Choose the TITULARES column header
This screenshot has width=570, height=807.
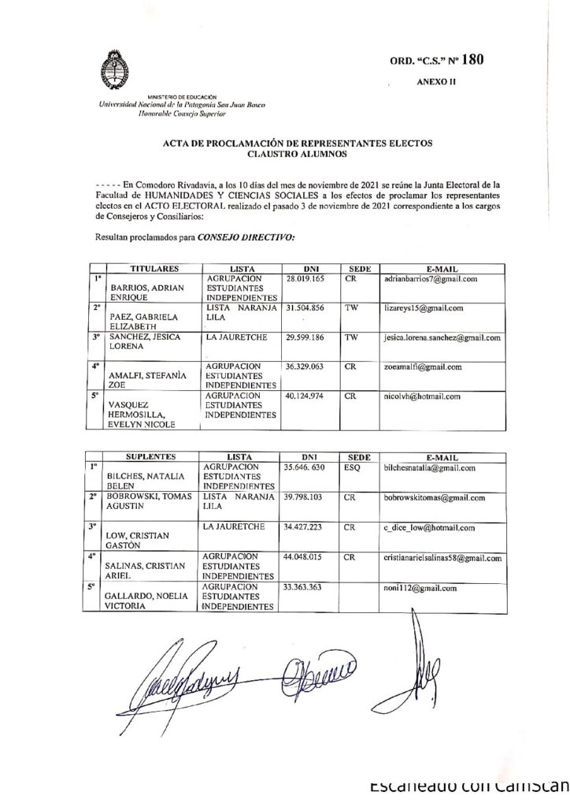click(x=154, y=269)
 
